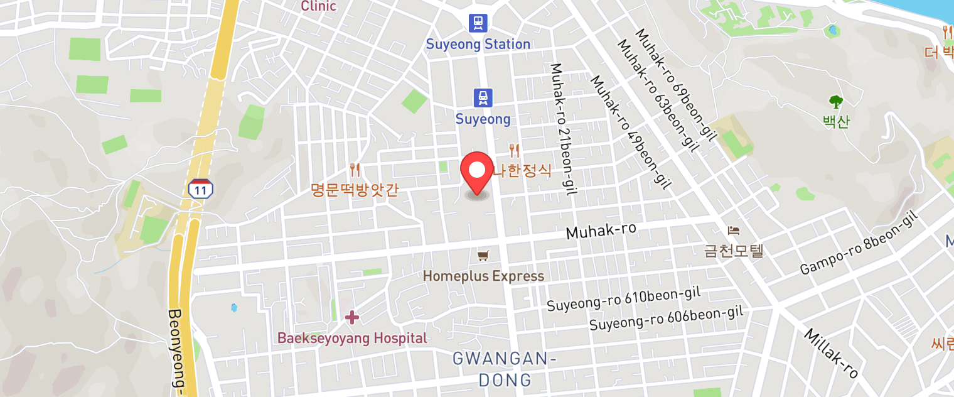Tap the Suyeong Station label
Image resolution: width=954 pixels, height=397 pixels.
tap(478, 44)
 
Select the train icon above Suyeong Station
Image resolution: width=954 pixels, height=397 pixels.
tap(478, 23)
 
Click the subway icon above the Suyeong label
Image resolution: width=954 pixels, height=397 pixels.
tap(483, 97)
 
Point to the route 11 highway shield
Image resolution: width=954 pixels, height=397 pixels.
tap(200, 188)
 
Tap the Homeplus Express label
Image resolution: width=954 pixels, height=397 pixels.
tap(483, 276)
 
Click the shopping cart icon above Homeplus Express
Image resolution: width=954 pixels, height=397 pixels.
tap(483, 255)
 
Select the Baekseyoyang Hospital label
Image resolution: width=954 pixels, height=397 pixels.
tap(352, 338)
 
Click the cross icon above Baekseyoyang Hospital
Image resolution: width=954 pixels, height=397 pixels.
tap(352, 317)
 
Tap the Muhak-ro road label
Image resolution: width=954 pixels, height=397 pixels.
tap(601, 231)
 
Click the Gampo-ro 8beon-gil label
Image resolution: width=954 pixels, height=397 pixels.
tap(859, 243)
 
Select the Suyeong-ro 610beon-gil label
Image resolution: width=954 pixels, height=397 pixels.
tap(623, 298)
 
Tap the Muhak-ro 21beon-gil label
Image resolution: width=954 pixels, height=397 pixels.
tap(562, 129)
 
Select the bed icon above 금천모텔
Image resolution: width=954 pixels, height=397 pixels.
tap(733, 231)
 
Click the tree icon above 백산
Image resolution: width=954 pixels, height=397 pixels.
tap(835, 101)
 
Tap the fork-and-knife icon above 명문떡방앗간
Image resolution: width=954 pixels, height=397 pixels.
tap(355, 169)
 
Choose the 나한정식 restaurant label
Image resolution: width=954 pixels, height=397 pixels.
tap(522, 170)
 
